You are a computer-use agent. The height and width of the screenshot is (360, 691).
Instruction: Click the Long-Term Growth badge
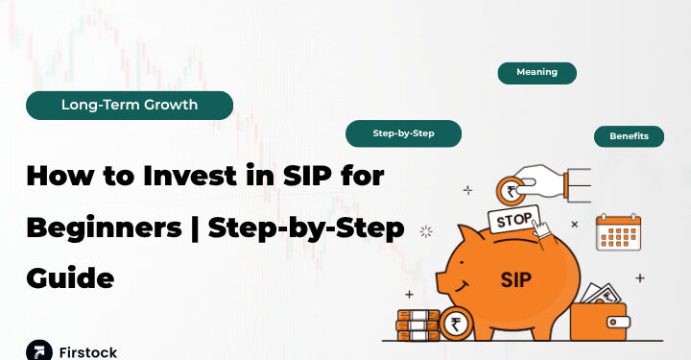129,106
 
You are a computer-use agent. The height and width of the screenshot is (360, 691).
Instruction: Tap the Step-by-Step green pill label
403,133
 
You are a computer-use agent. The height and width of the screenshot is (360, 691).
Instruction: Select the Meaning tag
536,73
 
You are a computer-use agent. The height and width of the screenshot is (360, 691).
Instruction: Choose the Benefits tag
629,136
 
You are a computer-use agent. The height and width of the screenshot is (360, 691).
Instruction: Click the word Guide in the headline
70,277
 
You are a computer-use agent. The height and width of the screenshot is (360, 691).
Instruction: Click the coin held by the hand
509,189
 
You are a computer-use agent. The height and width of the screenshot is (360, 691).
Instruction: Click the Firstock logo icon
38,350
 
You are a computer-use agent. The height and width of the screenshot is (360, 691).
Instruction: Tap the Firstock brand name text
88,351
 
